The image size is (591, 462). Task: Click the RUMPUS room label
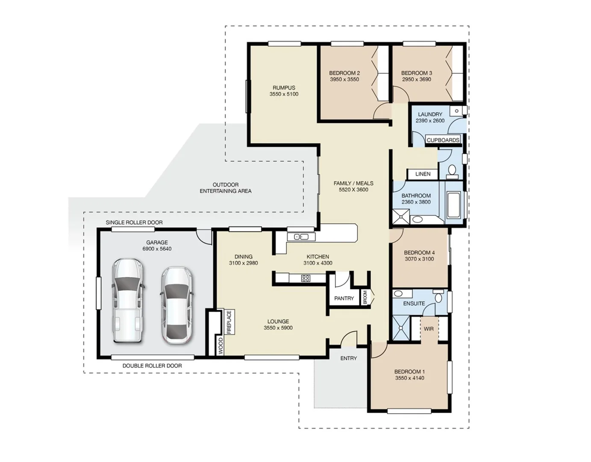tap(284, 88)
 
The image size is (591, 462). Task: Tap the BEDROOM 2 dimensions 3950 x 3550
tap(344, 80)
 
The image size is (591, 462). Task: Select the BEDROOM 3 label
tap(416, 73)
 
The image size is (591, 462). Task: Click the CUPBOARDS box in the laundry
tap(443, 140)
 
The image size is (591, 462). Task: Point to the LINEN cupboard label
tap(423, 174)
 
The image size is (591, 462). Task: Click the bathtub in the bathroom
tap(453, 205)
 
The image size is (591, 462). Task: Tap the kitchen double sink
tap(301, 237)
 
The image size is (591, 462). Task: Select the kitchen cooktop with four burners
tap(306, 278)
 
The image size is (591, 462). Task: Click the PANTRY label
tap(344, 298)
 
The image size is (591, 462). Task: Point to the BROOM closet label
tap(365, 297)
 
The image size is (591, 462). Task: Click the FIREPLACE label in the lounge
tap(229, 322)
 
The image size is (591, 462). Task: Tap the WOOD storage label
tap(221, 346)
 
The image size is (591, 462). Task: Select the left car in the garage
tap(127, 300)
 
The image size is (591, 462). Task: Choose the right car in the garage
tap(176, 305)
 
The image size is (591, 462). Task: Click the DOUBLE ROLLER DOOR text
tap(152, 366)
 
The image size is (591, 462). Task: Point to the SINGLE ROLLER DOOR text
tap(134, 222)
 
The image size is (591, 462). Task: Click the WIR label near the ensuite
tap(429, 329)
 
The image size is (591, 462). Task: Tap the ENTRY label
tap(348, 358)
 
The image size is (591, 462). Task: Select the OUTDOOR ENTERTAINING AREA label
tap(226, 188)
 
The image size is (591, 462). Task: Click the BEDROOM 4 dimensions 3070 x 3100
tap(419, 259)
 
